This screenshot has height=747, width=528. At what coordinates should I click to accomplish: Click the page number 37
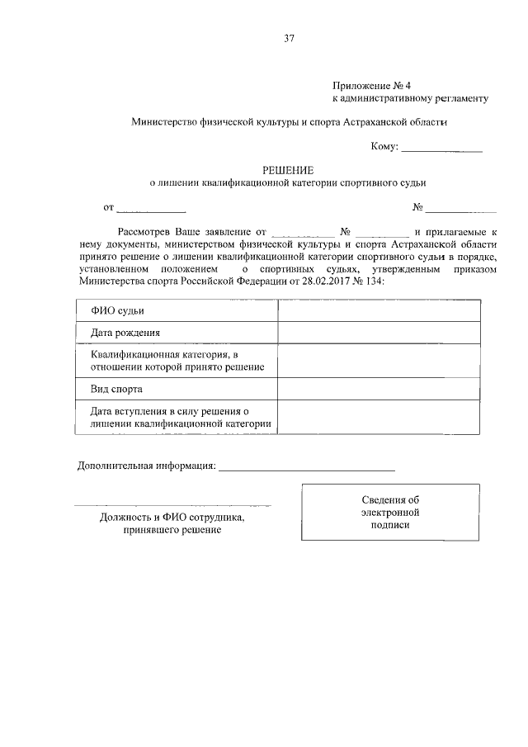click(289, 38)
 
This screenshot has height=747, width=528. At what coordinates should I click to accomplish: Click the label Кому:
click(384, 147)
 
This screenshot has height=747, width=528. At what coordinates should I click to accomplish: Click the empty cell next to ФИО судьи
click(379, 310)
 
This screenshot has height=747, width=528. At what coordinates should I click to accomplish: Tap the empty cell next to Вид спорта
click(379, 388)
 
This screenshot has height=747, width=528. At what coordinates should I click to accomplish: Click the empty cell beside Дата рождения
click(379, 333)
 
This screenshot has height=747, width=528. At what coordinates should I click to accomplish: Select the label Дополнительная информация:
click(147, 466)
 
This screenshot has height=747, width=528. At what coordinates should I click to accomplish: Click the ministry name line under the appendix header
click(289, 121)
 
